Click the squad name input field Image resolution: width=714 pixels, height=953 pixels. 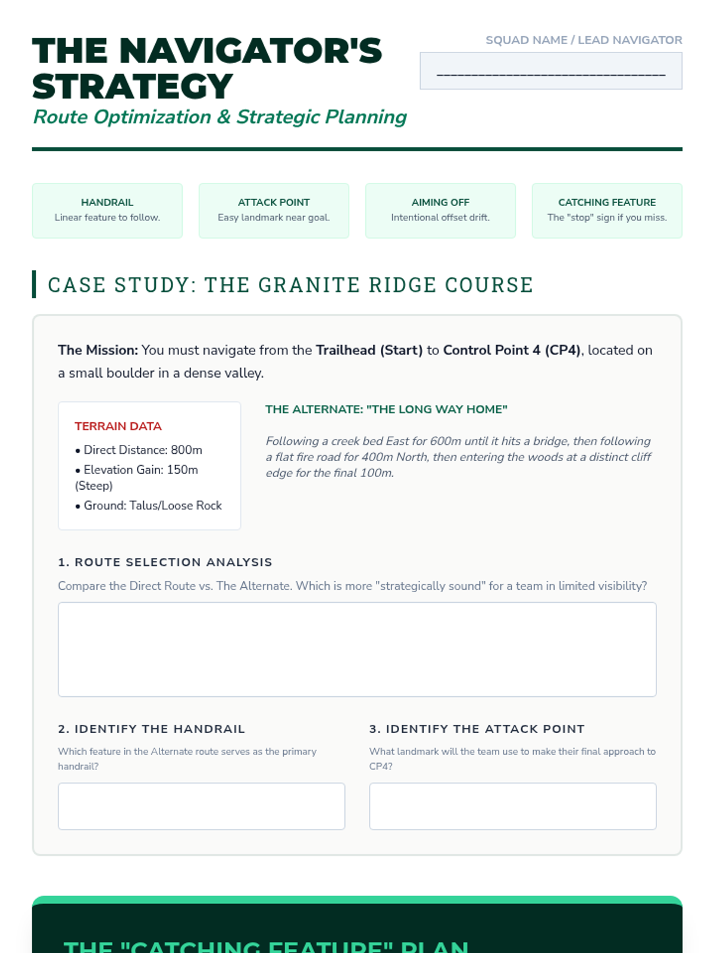tap(550, 71)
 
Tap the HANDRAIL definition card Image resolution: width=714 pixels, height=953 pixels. tap(107, 210)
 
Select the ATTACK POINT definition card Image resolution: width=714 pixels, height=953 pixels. tap(274, 210)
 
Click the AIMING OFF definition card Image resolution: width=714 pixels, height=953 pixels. tap(440, 210)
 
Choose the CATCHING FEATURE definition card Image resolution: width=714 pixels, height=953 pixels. tap(607, 210)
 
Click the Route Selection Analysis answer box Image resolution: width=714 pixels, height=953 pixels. tap(357, 649)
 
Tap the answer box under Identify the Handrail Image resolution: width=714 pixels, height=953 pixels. tap(201, 806)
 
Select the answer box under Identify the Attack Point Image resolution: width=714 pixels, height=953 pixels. tap(512, 806)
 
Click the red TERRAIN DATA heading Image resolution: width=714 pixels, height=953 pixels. tap(118, 426)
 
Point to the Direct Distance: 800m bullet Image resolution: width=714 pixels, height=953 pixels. tap(143, 450)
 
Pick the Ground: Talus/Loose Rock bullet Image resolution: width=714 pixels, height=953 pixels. tap(152, 505)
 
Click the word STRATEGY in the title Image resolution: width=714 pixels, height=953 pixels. tap(132, 86)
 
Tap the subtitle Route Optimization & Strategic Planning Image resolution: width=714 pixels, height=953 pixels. tap(220, 117)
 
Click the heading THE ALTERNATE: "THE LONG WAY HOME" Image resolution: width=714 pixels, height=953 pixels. tap(386, 409)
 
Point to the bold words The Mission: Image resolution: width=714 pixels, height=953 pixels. tap(98, 350)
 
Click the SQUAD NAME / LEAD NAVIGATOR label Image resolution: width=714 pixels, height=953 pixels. tap(583, 40)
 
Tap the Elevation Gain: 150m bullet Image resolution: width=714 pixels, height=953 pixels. tap(140, 470)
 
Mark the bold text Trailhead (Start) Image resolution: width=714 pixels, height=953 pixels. tap(369, 350)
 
